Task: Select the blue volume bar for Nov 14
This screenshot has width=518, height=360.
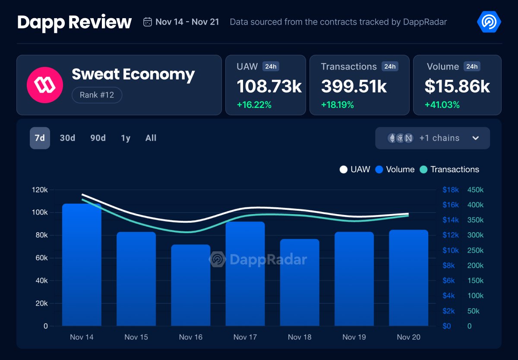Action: coord(82,265)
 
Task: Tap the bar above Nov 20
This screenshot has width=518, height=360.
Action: coord(408,278)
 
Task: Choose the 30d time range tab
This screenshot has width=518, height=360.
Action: coord(67,138)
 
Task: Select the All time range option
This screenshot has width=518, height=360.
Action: coord(151,138)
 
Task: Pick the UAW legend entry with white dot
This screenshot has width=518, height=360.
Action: coord(355,170)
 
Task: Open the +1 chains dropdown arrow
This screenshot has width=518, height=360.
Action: coord(475,138)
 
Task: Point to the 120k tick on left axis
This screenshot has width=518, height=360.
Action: coord(40,190)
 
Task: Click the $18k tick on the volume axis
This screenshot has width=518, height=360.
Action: coord(450,190)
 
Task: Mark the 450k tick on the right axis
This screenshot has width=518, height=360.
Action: coord(475,190)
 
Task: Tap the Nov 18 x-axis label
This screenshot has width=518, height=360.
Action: coord(300,337)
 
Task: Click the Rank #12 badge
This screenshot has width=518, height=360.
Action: coord(97,95)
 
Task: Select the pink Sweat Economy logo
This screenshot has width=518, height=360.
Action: coord(45,85)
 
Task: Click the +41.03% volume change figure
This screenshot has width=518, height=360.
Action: coord(442,105)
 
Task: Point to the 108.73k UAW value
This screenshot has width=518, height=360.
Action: coord(269,86)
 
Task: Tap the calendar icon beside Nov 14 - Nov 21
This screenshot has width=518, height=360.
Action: coord(148,22)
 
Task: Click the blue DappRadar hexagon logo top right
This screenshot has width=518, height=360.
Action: coord(489,22)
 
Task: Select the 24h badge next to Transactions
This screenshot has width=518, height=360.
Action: coord(389,66)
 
